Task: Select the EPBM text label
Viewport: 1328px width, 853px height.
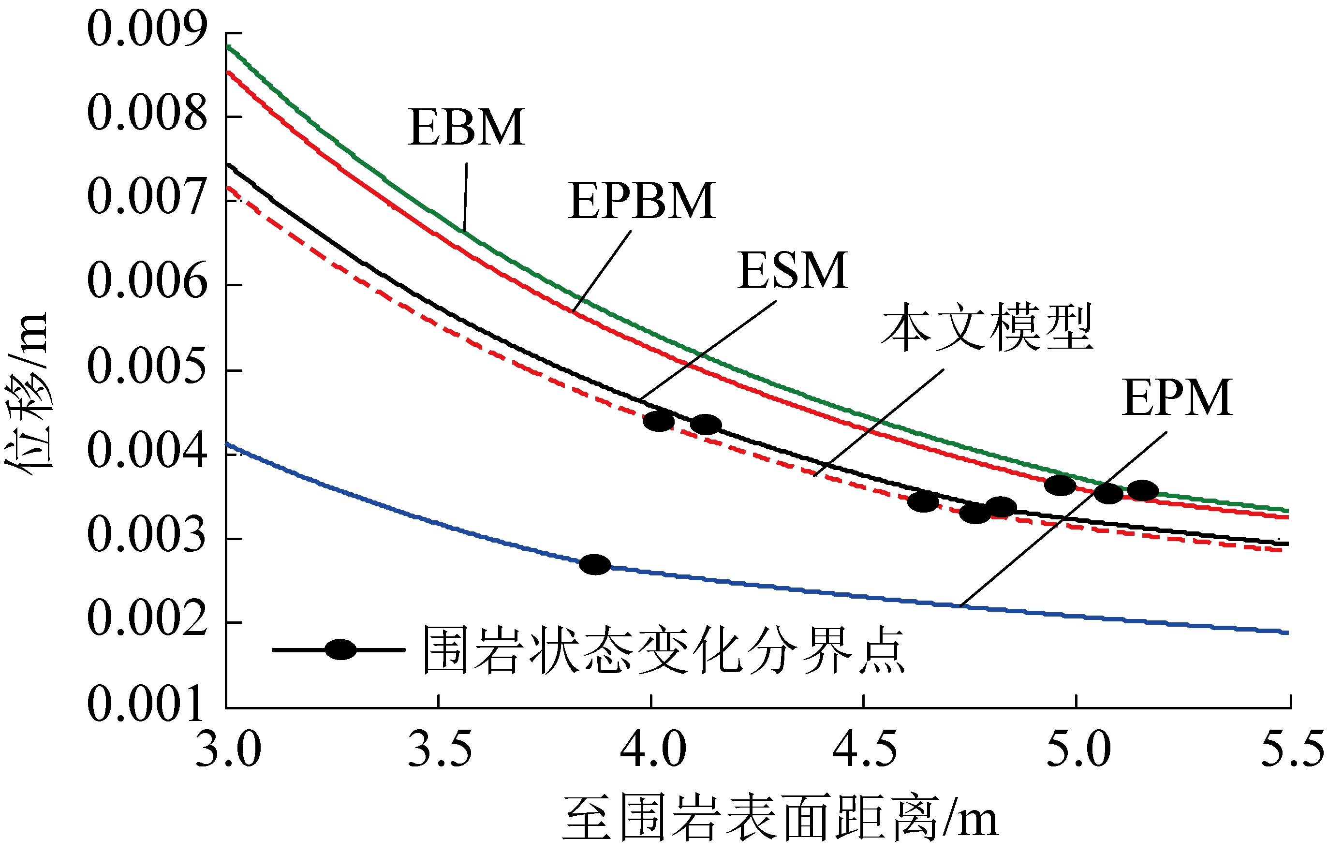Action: (641, 201)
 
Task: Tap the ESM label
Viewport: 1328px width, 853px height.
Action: (792, 271)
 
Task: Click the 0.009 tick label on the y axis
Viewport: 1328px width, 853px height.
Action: (147, 29)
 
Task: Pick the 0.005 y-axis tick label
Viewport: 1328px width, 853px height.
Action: (147, 367)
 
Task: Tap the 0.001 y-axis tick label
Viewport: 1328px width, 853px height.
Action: (147, 704)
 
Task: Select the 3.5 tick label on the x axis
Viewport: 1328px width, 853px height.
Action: (440, 750)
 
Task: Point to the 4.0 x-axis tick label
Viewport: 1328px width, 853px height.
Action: (652, 750)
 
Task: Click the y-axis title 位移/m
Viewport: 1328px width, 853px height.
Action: (28, 391)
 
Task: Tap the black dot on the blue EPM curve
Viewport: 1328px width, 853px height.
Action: (595, 565)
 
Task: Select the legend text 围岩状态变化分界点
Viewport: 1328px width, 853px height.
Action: (664, 651)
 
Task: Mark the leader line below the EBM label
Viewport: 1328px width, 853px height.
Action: (465, 197)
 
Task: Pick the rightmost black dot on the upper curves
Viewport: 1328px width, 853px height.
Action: (1142, 491)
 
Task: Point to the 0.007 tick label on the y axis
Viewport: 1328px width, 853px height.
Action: (147, 198)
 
